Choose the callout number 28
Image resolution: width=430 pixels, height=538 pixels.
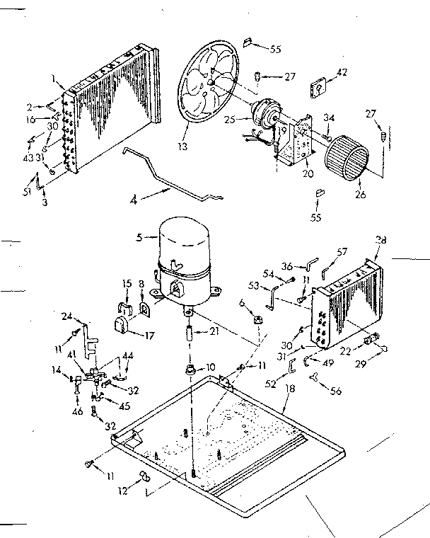coord(382,241)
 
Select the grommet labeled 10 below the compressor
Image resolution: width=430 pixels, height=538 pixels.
coord(190,370)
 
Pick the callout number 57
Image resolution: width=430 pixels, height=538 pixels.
coord(342,251)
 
